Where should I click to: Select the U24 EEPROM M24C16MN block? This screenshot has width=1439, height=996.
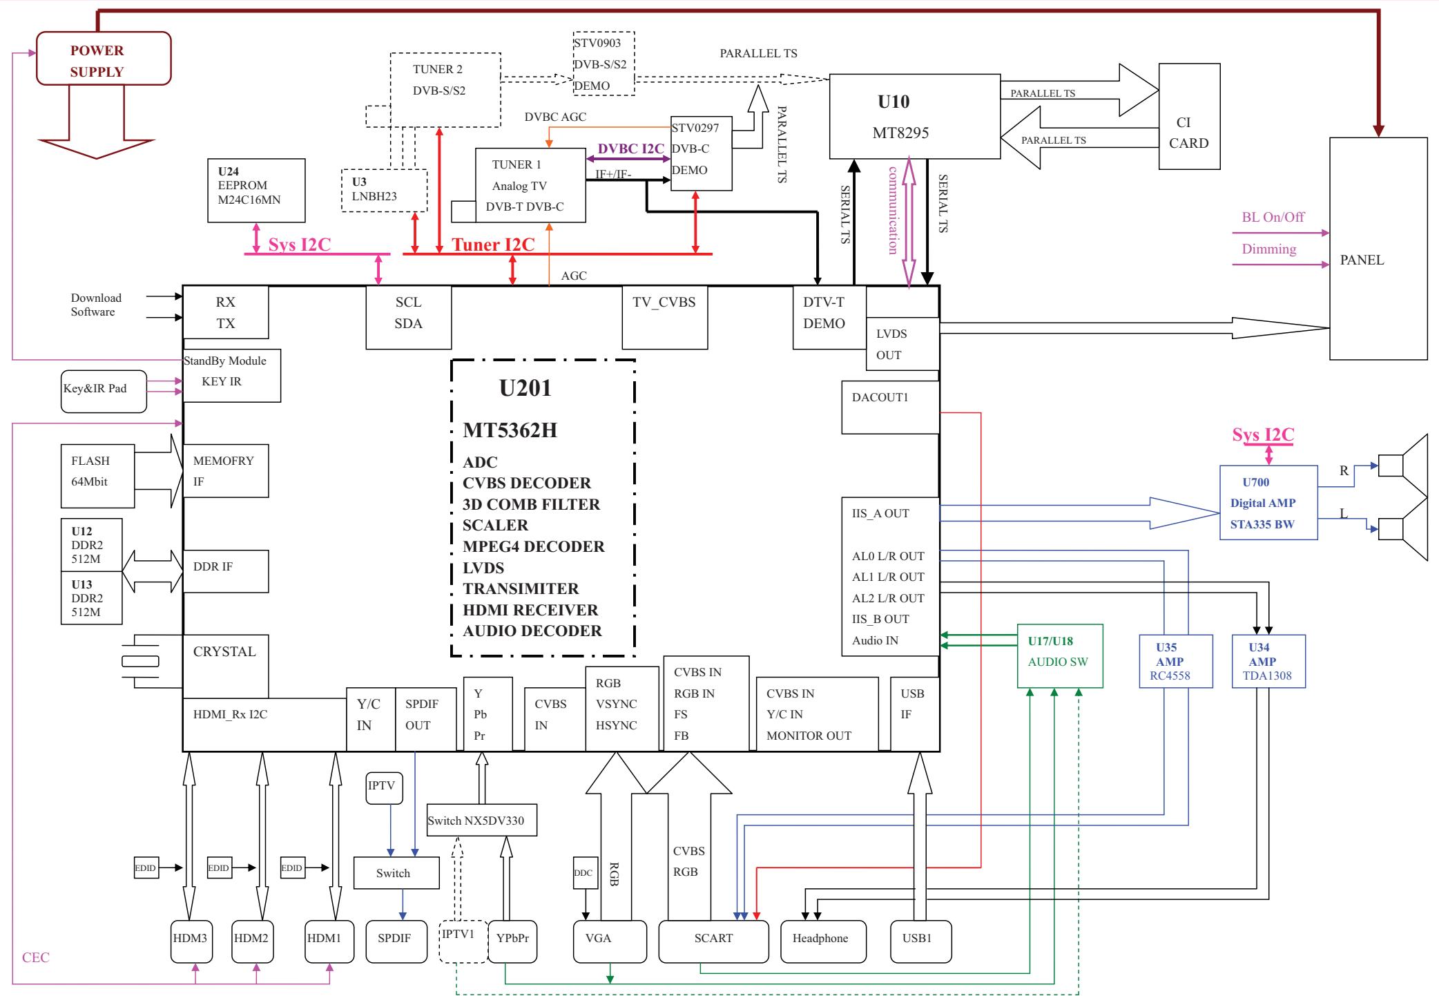pyautogui.click(x=256, y=191)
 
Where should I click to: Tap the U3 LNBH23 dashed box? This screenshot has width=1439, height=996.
pyautogui.click(x=384, y=191)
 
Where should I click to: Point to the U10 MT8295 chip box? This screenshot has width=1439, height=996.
pyautogui.click(x=914, y=116)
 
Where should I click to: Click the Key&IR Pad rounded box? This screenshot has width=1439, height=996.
pyautogui.click(x=104, y=392)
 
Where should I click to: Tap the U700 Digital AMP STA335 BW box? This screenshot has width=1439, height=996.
pyautogui.click(x=1268, y=503)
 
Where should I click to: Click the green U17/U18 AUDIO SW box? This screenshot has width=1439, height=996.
pyautogui.click(x=1060, y=655)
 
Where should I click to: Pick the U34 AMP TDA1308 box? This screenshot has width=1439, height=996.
pyautogui.click(x=1268, y=661)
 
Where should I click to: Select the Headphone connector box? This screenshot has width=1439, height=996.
pyautogui.click(x=822, y=941)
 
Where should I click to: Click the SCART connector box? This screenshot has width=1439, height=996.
pyautogui.click(x=713, y=941)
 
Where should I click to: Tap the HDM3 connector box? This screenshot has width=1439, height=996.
pyautogui.click(x=191, y=941)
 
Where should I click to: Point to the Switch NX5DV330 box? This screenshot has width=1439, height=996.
pyautogui.click(x=481, y=821)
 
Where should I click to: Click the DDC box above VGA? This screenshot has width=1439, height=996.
pyautogui.click(x=583, y=873)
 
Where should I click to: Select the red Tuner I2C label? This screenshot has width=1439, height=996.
pyautogui.click(x=493, y=245)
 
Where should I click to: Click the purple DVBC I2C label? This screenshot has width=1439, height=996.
pyautogui.click(x=630, y=149)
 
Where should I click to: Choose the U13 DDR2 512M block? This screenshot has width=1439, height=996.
pyautogui.click(x=91, y=597)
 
